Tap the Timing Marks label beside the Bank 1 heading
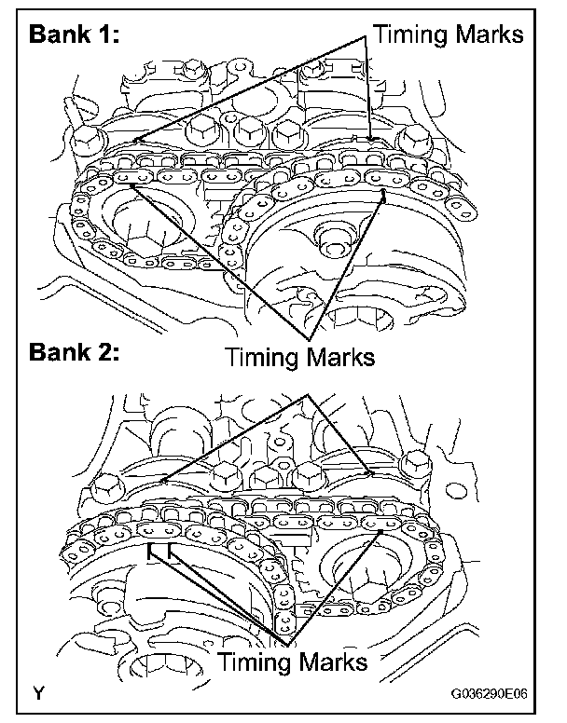coord(449,34)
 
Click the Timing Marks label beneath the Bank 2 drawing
coord(292,663)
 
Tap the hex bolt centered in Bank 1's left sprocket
coord(140,244)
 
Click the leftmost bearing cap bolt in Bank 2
coord(107,484)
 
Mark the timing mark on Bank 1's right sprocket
coord(384,197)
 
